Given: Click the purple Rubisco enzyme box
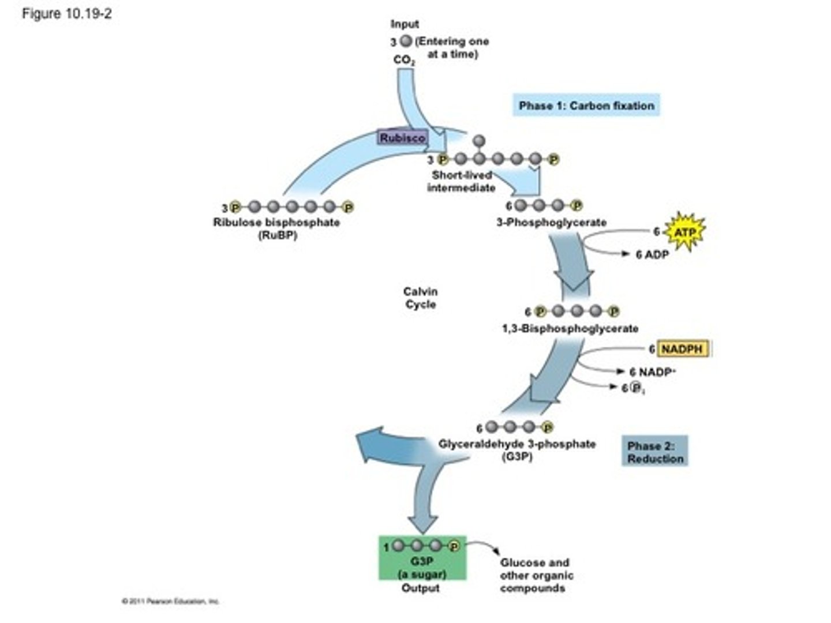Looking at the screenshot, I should pos(402,138).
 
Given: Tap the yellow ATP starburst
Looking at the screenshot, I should pos(685,232).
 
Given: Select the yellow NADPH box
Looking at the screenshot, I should pos(682,349).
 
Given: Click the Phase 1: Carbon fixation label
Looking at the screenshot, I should pos(586,106).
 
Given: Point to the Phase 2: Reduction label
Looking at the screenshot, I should pos(655,452).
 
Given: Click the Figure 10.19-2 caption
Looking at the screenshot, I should pos(66,14).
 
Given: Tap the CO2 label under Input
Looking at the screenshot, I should pos(404,60).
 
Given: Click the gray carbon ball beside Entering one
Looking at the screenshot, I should pos(406,41).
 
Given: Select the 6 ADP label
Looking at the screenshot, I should pos(652,254).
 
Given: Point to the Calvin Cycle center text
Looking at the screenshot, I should pos(420,298).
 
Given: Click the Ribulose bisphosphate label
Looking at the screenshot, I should pos(276,223).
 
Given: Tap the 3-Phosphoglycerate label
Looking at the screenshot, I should pos(551,222).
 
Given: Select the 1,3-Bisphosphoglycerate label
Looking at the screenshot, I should pos(570,328).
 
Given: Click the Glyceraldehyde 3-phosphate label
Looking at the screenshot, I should pos(517,444).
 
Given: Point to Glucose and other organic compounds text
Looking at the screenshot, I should pos(536,575).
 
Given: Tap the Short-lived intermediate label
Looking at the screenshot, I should pos(461,181).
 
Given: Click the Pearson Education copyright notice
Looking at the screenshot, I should pos(170,601).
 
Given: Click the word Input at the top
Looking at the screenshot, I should pos(405,24).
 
